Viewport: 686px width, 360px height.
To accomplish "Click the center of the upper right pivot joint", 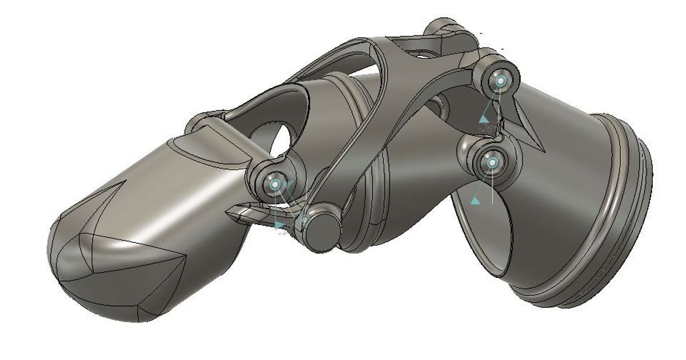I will tap(501, 81).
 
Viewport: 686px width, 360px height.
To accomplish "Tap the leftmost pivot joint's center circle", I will tap(275, 185).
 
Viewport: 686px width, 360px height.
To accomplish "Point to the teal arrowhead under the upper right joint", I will tap(484, 119).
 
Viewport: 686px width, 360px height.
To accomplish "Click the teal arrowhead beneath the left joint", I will tap(280, 226).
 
